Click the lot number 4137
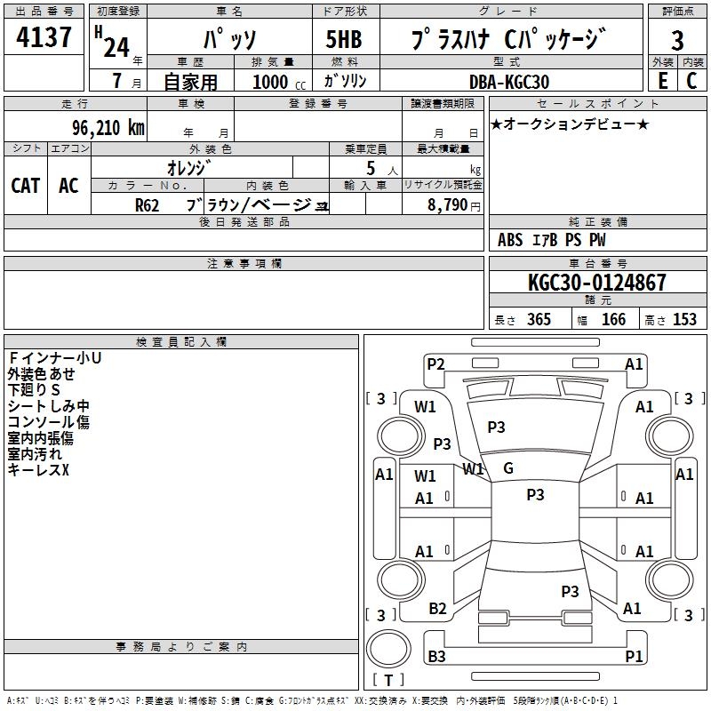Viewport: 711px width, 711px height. [x=44, y=38]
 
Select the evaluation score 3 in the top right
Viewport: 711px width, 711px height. [x=677, y=41]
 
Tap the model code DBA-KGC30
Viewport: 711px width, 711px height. [x=508, y=82]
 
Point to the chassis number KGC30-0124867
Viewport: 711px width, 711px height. [x=596, y=284]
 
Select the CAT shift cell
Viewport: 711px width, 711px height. [x=25, y=186]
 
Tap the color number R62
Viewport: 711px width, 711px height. [x=147, y=205]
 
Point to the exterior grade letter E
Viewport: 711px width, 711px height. [x=662, y=81]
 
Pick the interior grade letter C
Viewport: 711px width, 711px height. [x=691, y=81]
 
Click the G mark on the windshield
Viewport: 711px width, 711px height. [x=508, y=467]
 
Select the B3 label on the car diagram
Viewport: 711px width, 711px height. [x=436, y=657]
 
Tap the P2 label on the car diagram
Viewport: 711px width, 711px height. [x=435, y=363]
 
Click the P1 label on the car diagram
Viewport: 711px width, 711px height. [x=634, y=657]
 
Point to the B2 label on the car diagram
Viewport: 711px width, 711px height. [x=437, y=609]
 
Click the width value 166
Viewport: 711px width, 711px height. [x=613, y=320]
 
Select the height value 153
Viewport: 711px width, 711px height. [x=684, y=320]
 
